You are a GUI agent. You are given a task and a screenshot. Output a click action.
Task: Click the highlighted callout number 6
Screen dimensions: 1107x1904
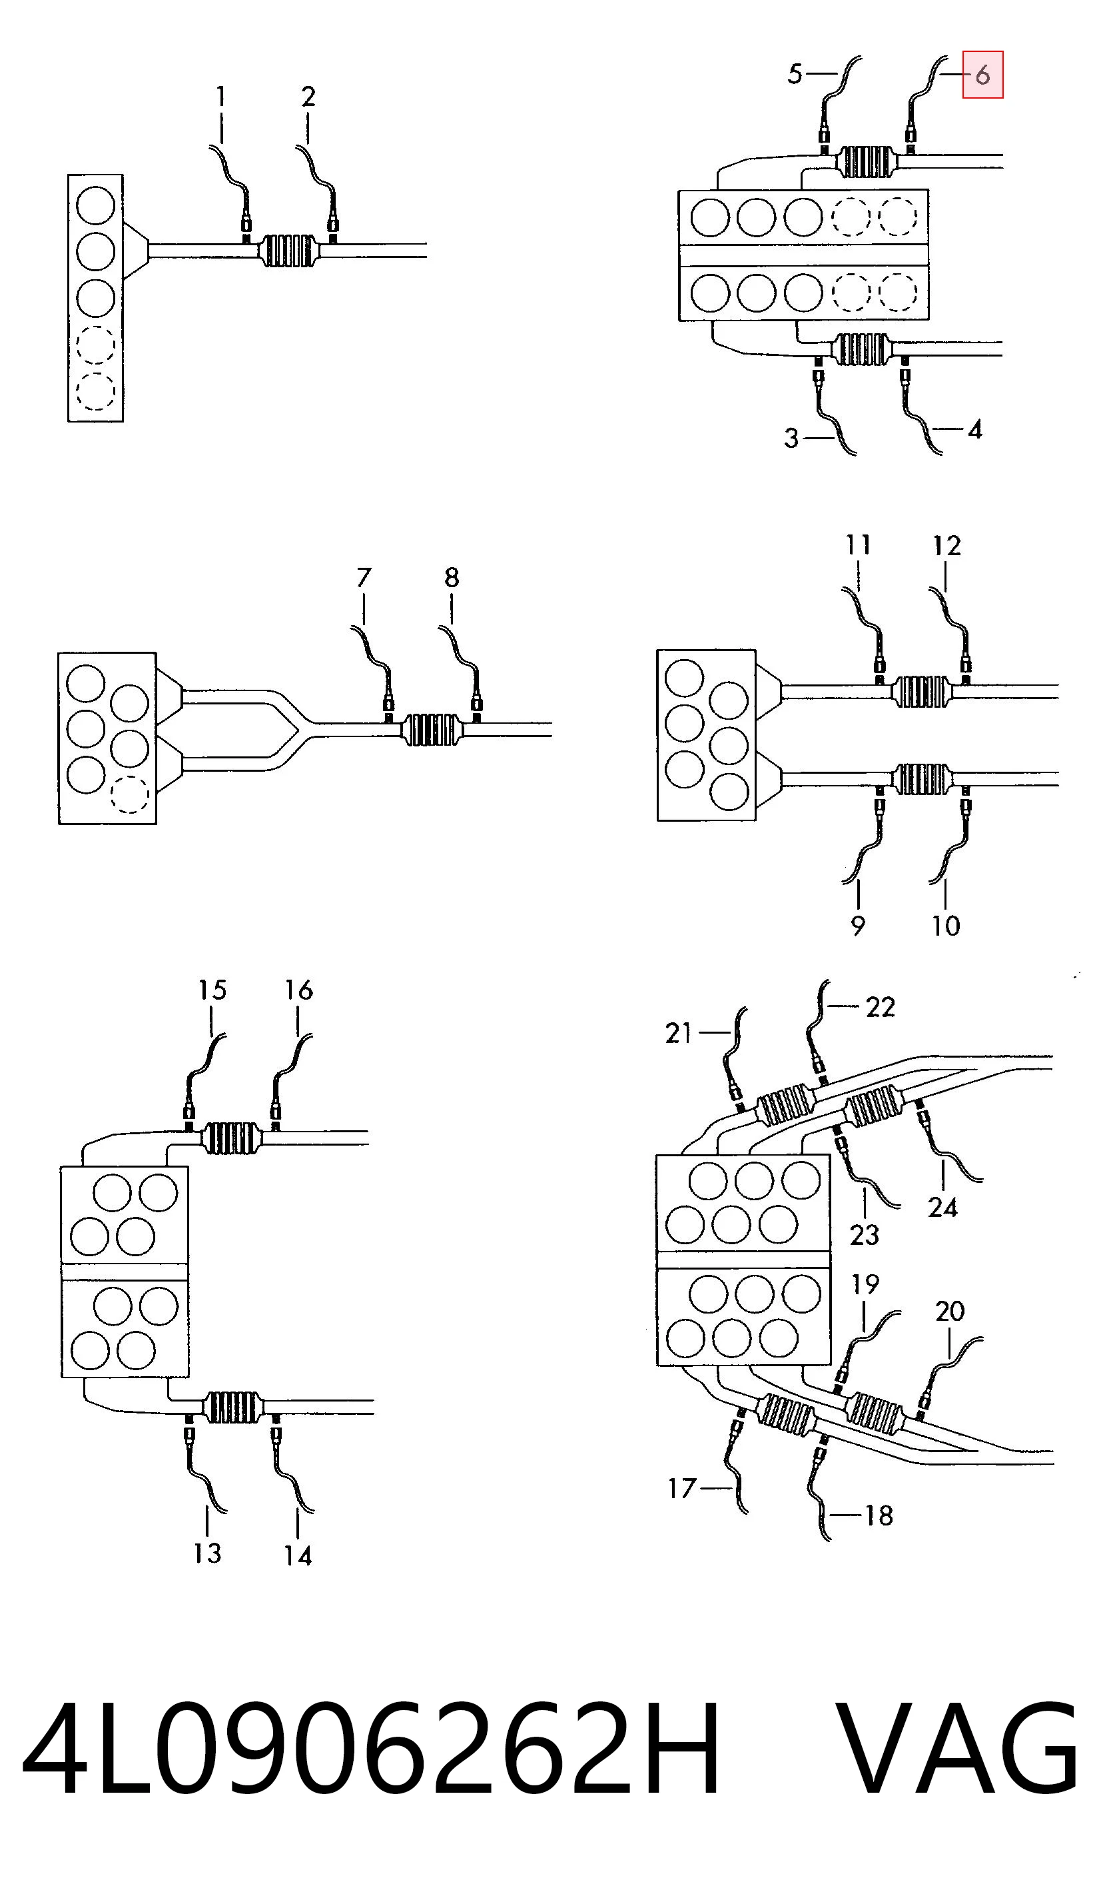point(982,75)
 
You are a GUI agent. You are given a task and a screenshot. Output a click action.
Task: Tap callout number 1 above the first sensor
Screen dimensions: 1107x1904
point(220,97)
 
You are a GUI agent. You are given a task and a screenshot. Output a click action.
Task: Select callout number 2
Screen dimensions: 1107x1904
point(308,97)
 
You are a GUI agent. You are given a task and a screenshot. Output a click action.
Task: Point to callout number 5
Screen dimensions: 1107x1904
point(795,74)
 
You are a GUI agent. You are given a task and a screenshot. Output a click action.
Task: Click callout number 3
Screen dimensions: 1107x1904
point(791,439)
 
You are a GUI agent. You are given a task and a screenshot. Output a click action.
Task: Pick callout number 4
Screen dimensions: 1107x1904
point(975,430)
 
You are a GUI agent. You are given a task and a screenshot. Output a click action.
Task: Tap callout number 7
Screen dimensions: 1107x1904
point(364,577)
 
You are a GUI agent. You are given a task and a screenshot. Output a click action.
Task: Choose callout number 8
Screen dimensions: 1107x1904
point(452,577)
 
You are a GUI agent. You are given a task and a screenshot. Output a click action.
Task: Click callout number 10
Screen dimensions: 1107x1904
point(945,926)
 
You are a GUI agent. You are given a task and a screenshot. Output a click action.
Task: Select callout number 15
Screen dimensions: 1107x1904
point(212,990)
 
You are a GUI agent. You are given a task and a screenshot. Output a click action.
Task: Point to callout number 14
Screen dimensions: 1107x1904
point(298,1555)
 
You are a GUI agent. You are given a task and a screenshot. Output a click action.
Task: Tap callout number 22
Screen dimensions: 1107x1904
point(881,1007)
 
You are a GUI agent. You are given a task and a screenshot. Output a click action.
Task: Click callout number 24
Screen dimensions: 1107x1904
point(942,1208)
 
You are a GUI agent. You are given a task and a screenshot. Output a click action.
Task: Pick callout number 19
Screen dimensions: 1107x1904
point(865,1284)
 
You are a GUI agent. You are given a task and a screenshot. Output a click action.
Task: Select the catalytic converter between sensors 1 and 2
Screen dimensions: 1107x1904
point(288,251)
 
